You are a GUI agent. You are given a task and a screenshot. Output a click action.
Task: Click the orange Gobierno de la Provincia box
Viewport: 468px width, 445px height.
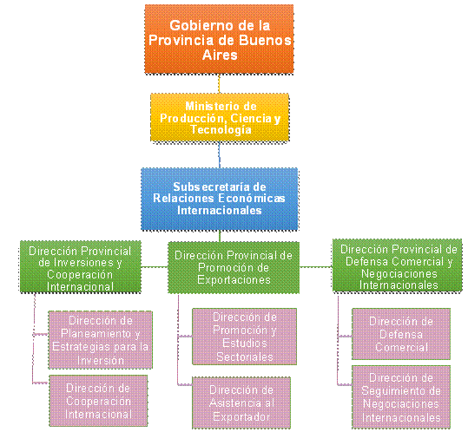(219, 39)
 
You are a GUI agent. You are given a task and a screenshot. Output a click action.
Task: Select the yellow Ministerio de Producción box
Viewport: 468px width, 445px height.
(220, 118)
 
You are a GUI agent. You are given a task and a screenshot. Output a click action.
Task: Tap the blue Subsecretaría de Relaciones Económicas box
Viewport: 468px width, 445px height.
(220, 199)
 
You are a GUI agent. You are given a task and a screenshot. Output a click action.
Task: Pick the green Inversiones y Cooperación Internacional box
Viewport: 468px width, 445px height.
(80, 266)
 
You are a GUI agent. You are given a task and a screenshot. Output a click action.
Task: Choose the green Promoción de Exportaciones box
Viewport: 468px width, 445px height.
(234, 267)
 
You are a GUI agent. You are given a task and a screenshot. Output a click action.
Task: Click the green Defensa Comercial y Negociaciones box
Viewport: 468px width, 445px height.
(398, 265)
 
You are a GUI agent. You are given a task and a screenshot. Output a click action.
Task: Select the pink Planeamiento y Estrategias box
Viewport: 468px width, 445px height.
(101, 340)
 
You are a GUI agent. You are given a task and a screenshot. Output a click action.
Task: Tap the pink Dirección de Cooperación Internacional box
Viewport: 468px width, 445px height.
(98, 401)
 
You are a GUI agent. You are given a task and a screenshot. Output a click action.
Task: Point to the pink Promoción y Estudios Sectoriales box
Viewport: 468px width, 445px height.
(245, 337)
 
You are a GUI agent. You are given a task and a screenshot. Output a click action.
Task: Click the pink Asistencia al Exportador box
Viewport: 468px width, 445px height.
(241, 403)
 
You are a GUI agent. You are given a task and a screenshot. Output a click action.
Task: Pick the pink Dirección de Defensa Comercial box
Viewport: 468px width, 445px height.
(401, 334)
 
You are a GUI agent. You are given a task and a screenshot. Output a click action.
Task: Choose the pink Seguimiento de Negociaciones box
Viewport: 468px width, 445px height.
(401, 397)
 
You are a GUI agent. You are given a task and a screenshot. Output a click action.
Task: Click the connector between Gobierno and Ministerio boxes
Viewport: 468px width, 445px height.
(219, 83)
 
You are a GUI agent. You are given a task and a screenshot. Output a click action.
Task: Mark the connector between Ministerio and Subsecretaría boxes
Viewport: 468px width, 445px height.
(220, 155)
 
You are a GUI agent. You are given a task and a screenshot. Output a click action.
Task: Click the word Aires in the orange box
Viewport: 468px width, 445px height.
(220, 55)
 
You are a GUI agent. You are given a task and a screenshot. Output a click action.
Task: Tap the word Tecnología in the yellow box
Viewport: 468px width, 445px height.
(221, 130)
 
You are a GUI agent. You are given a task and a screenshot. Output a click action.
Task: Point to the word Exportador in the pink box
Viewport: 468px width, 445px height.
(241, 416)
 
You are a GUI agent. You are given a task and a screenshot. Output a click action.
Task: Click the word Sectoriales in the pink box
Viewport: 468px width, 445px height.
(245, 357)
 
